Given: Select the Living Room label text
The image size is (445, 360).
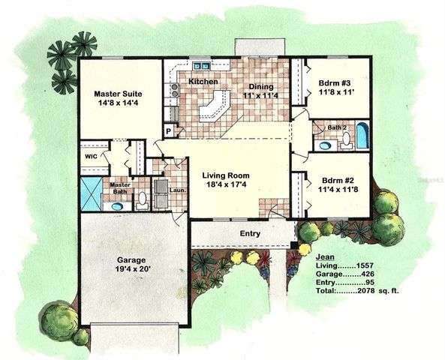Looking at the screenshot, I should point(226,181).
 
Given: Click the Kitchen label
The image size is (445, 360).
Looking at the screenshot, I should point(203,81).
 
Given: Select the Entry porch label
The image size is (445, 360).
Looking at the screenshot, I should point(250,234).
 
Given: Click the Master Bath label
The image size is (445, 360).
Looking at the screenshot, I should point(121,188).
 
